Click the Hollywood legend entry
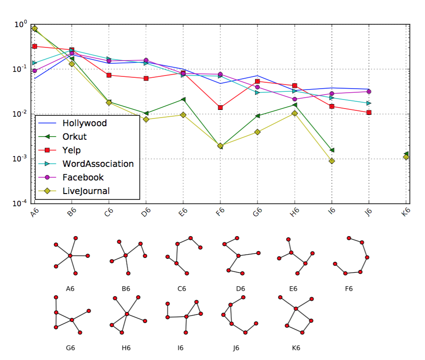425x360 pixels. click(85, 123)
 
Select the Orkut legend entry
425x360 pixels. click(75, 137)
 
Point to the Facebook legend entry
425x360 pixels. click(83, 177)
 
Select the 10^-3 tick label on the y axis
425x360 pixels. click(20, 159)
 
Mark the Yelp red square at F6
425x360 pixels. click(220, 108)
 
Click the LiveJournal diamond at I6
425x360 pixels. click(332, 161)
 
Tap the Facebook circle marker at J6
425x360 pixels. click(369, 91)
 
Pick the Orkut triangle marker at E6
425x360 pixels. click(183, 99)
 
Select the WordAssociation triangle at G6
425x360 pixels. click(257, 92)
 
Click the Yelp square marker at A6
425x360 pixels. click(34, 46)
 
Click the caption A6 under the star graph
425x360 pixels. click(70, 288)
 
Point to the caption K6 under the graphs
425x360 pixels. click(296, 348)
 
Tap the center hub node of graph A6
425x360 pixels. click(70, 256)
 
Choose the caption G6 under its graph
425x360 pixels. click(70, 348)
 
